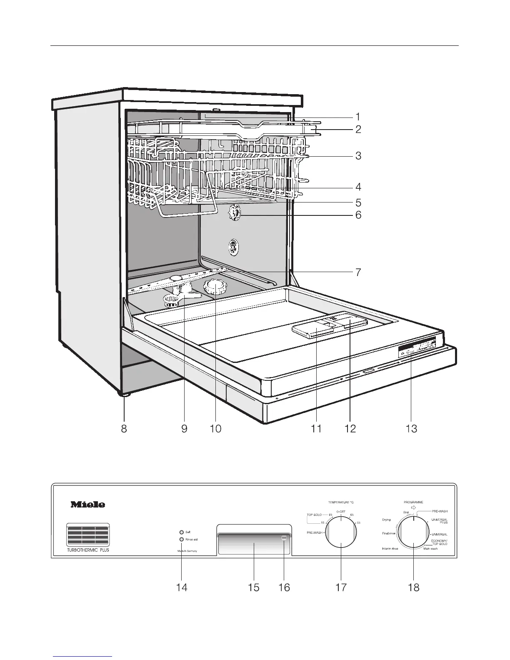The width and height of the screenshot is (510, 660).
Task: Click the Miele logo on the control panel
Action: click(87, 505)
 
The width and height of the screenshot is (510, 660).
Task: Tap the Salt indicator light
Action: click(181, 532)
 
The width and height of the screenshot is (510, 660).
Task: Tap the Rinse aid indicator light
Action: click(181, 539)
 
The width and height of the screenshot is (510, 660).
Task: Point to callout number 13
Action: click(411, 428)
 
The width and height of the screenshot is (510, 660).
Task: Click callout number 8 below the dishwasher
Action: click(124, 428)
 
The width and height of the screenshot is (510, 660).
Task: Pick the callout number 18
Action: click(413, 587)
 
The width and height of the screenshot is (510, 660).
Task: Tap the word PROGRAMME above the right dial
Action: click(413, 503)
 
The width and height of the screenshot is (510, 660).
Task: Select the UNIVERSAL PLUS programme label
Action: click(439, 521)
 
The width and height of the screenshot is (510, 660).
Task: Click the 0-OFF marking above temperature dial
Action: click(341, 511)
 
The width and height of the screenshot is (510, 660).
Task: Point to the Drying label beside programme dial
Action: click(386, 520)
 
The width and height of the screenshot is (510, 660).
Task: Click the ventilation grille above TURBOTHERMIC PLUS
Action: click(87, 535)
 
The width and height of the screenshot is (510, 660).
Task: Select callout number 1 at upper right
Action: click(357, 117)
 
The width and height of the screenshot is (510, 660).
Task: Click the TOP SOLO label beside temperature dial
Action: click(314, 515)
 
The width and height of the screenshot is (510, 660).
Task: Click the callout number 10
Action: click(215, 428)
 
